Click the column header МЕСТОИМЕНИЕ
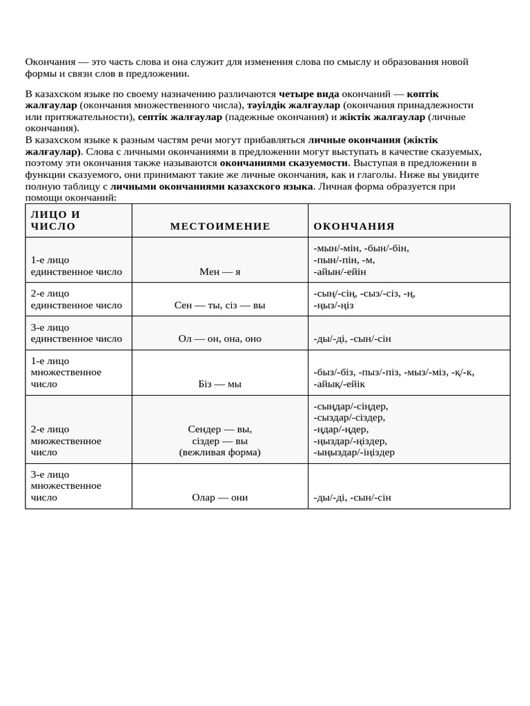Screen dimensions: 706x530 pos(220,226)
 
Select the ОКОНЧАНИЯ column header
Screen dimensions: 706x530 pos(354,226)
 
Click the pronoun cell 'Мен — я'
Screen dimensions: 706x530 pos(220,272)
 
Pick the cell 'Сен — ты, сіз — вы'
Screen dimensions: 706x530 pos(220,305)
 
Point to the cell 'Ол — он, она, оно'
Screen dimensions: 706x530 pos(220,339)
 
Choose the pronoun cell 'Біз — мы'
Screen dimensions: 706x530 pos(220,383)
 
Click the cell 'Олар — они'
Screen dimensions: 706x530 pos(220,497)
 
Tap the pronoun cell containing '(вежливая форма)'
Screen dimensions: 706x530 pos(220,452)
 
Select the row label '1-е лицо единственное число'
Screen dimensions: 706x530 pos(77,266)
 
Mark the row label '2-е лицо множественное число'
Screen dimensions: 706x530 pos(66,441)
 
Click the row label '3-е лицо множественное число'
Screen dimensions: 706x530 pos(66,485)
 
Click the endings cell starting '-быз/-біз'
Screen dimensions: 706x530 pos(393,378)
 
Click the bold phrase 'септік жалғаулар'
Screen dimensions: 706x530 pos(179,117)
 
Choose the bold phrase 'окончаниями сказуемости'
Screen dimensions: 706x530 pos(284,163)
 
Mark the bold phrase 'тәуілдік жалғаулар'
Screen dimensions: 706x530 pos(293,105)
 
